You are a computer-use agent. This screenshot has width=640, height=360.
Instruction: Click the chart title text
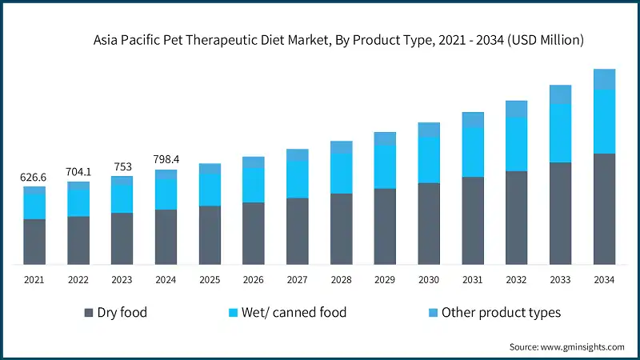(x=339, y=39)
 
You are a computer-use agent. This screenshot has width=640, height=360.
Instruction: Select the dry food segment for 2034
(x=604, y=208)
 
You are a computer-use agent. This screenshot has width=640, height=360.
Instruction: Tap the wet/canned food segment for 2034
(x=604, y=121)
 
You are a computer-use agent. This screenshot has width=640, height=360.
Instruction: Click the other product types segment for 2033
(x=560, y=94)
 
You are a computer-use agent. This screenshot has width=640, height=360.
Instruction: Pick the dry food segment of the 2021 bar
(x=34, y=241)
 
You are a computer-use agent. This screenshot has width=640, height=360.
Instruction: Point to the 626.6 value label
(x=34, y=177)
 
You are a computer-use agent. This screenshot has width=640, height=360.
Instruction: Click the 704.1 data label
(x=78, y=171)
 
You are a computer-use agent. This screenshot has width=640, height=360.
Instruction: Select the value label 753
(x=122, y=166)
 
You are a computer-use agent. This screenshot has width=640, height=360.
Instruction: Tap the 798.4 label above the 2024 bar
(x=166, y=160)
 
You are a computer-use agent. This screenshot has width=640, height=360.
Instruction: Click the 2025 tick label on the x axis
(x=210, y=280)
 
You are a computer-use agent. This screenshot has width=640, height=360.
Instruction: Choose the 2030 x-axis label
(x=429, y=280)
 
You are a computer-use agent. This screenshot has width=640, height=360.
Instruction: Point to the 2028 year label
(x=342, y=280)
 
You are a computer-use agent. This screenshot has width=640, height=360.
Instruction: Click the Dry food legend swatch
(x=87, y=313)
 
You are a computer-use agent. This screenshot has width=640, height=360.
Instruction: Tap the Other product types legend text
(x=501, y=313)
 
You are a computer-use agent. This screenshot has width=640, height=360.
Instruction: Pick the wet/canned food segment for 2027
(x=298, y=179)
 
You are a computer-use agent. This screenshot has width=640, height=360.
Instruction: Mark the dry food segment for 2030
(x=429, y=223)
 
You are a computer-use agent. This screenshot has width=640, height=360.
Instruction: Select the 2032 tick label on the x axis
(x=516, y=280)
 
